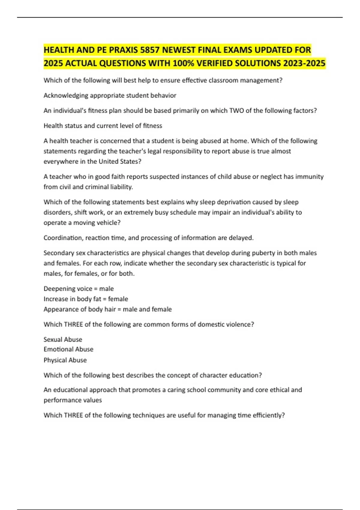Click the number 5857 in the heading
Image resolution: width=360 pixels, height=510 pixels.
pyautogui.click(x=150, y=50)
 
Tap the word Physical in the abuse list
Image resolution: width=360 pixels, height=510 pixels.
pyautogui.click(x=55, y=360)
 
